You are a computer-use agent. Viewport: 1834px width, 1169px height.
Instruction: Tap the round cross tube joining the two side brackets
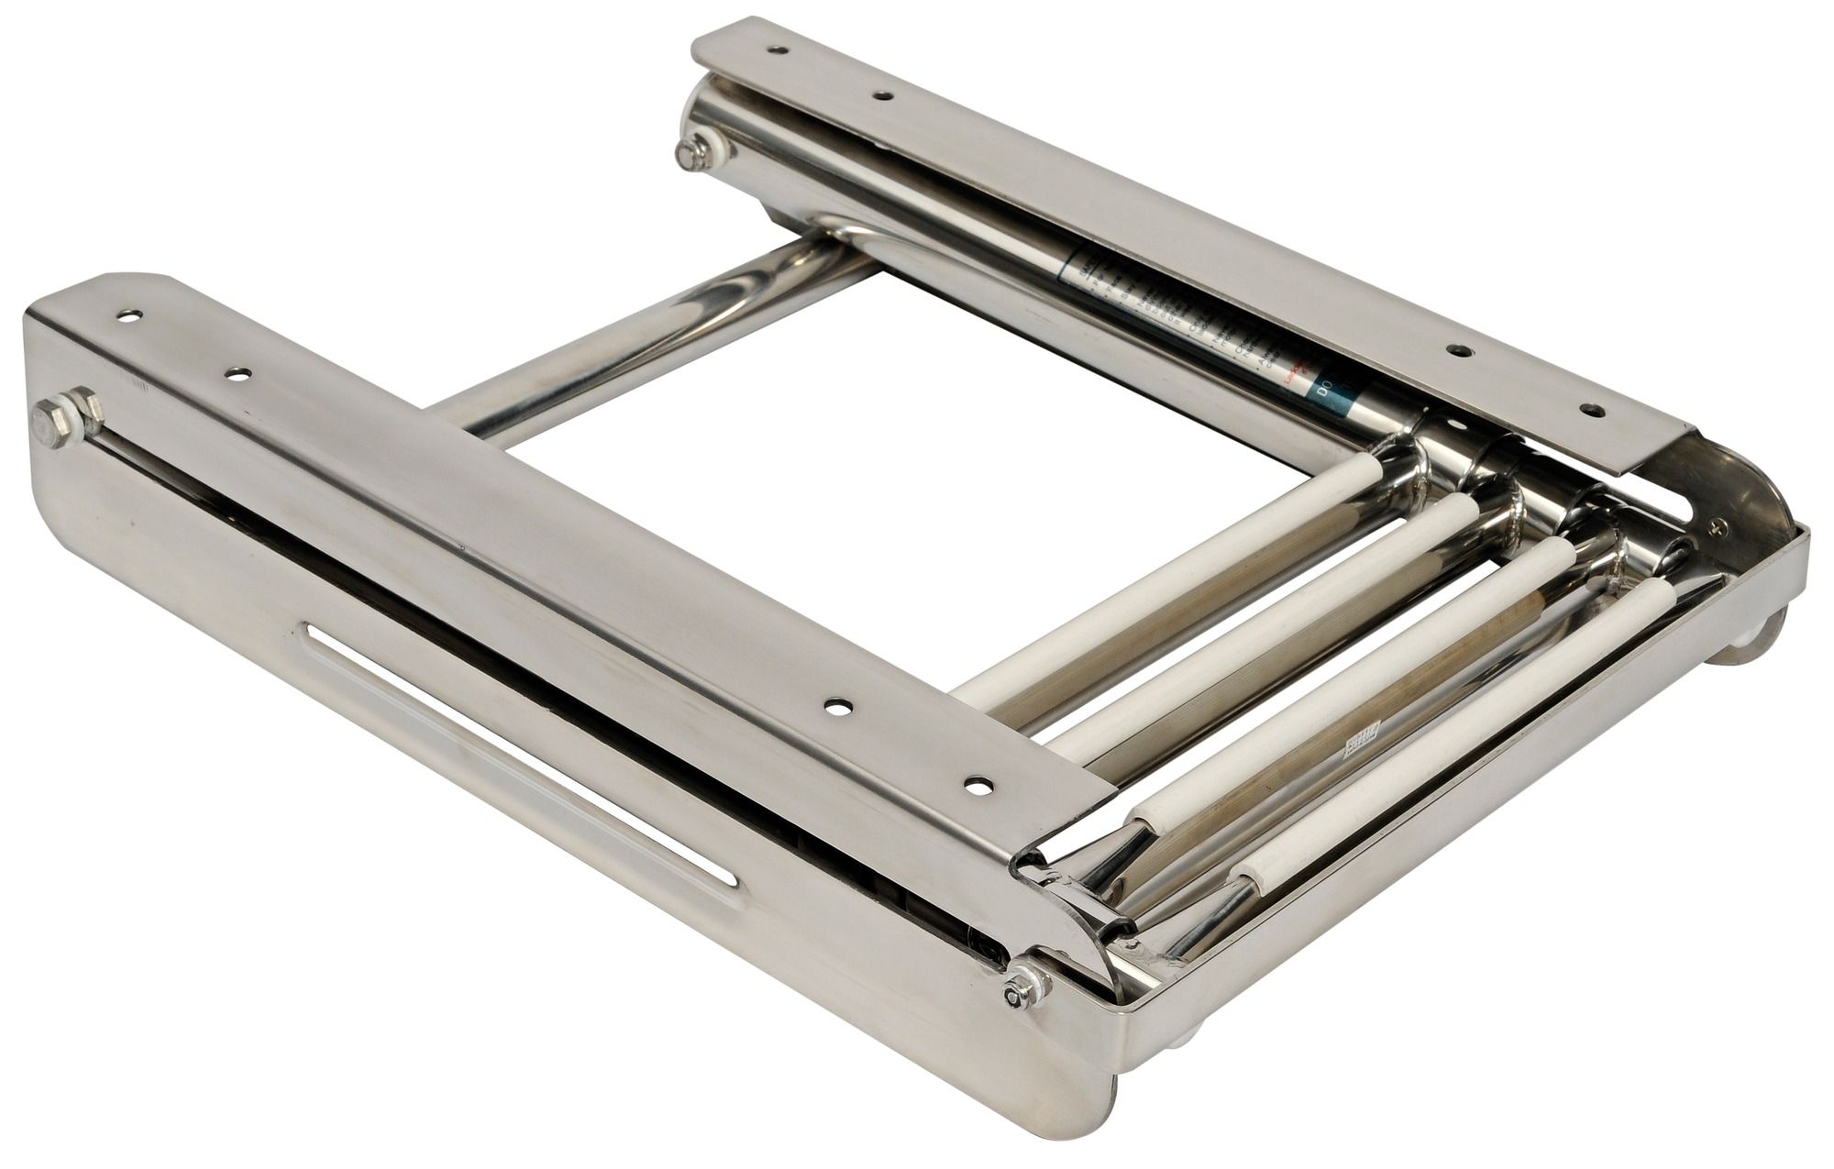(x=642, y=312)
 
